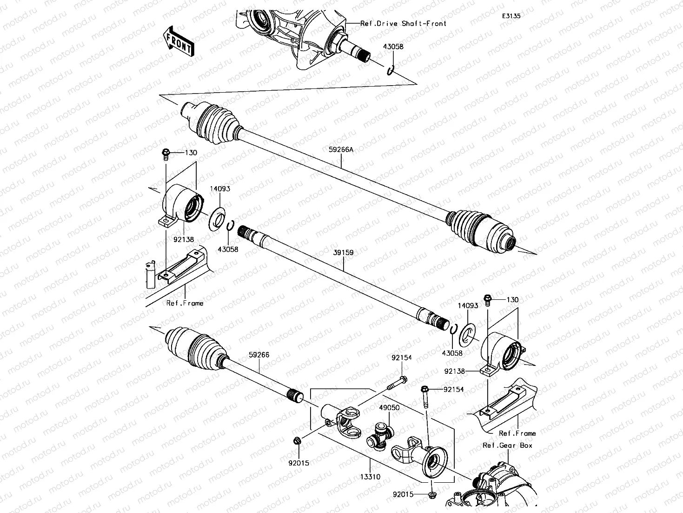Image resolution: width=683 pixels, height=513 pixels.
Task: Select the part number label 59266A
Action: point(341,150)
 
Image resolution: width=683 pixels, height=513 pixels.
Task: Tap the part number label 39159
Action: point(344,253)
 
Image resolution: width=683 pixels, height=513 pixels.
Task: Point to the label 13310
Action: point(370,477)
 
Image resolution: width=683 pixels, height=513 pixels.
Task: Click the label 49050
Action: point(389,407)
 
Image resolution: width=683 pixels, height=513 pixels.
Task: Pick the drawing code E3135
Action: point(511,16)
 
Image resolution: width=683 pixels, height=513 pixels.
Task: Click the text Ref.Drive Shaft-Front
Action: point(403,23)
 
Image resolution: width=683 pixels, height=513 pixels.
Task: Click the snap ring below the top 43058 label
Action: point(391,71)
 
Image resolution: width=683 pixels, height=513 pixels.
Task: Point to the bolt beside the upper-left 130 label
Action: point(166,153)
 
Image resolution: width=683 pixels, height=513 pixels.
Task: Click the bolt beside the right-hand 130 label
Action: point(487,299)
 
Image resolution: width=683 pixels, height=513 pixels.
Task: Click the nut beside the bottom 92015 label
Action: point(432,494)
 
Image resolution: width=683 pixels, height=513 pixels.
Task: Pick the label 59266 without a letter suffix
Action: point(259,355)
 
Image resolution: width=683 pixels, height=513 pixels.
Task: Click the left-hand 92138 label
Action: point(183,239)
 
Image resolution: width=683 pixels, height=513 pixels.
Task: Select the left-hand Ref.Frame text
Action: point(185,303)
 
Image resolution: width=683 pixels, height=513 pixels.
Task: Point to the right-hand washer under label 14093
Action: point(467,334)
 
